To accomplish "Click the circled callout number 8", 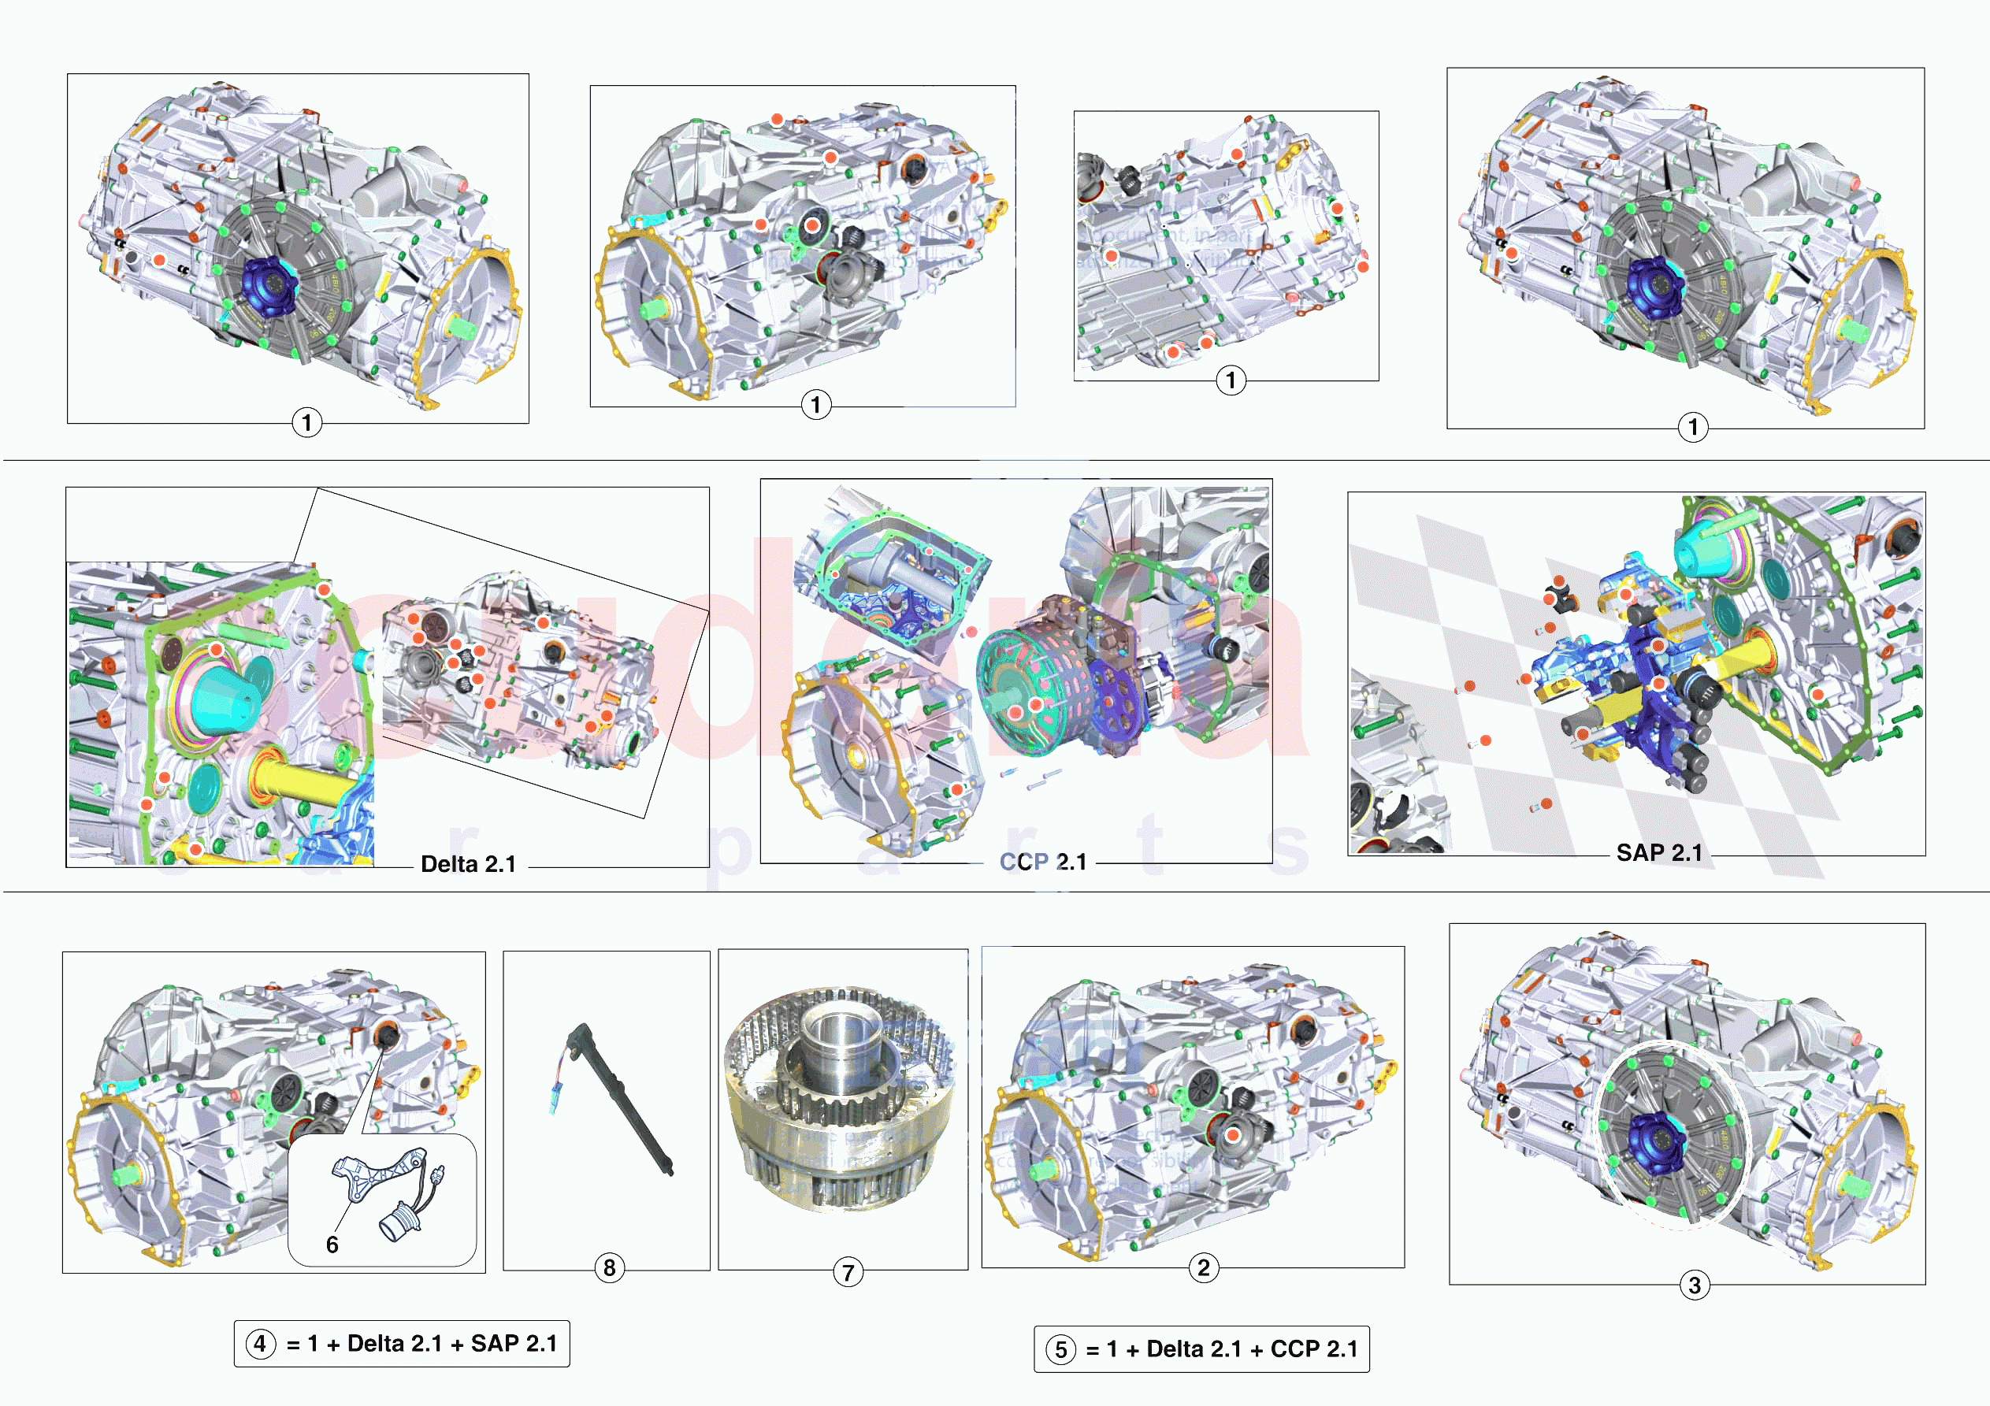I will tap(609, 1268).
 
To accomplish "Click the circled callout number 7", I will tap(848, 1273).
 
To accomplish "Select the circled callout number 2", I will tap(1203, 1268).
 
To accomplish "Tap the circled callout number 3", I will tap(1695, 1285).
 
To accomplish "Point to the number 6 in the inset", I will tap(332, 1245).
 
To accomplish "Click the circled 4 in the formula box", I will tap(261, 1344).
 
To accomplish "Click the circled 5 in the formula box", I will tap(1060, 1349).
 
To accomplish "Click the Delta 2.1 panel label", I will tap(468, 864).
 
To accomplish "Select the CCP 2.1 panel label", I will tap(1043, 862).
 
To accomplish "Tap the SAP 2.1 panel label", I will tap(1659, 853).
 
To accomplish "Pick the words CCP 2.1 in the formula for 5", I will tap(1314, 1349).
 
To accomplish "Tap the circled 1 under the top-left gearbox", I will tap(306, 423).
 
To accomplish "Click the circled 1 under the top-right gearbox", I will tap(1693, 426).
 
